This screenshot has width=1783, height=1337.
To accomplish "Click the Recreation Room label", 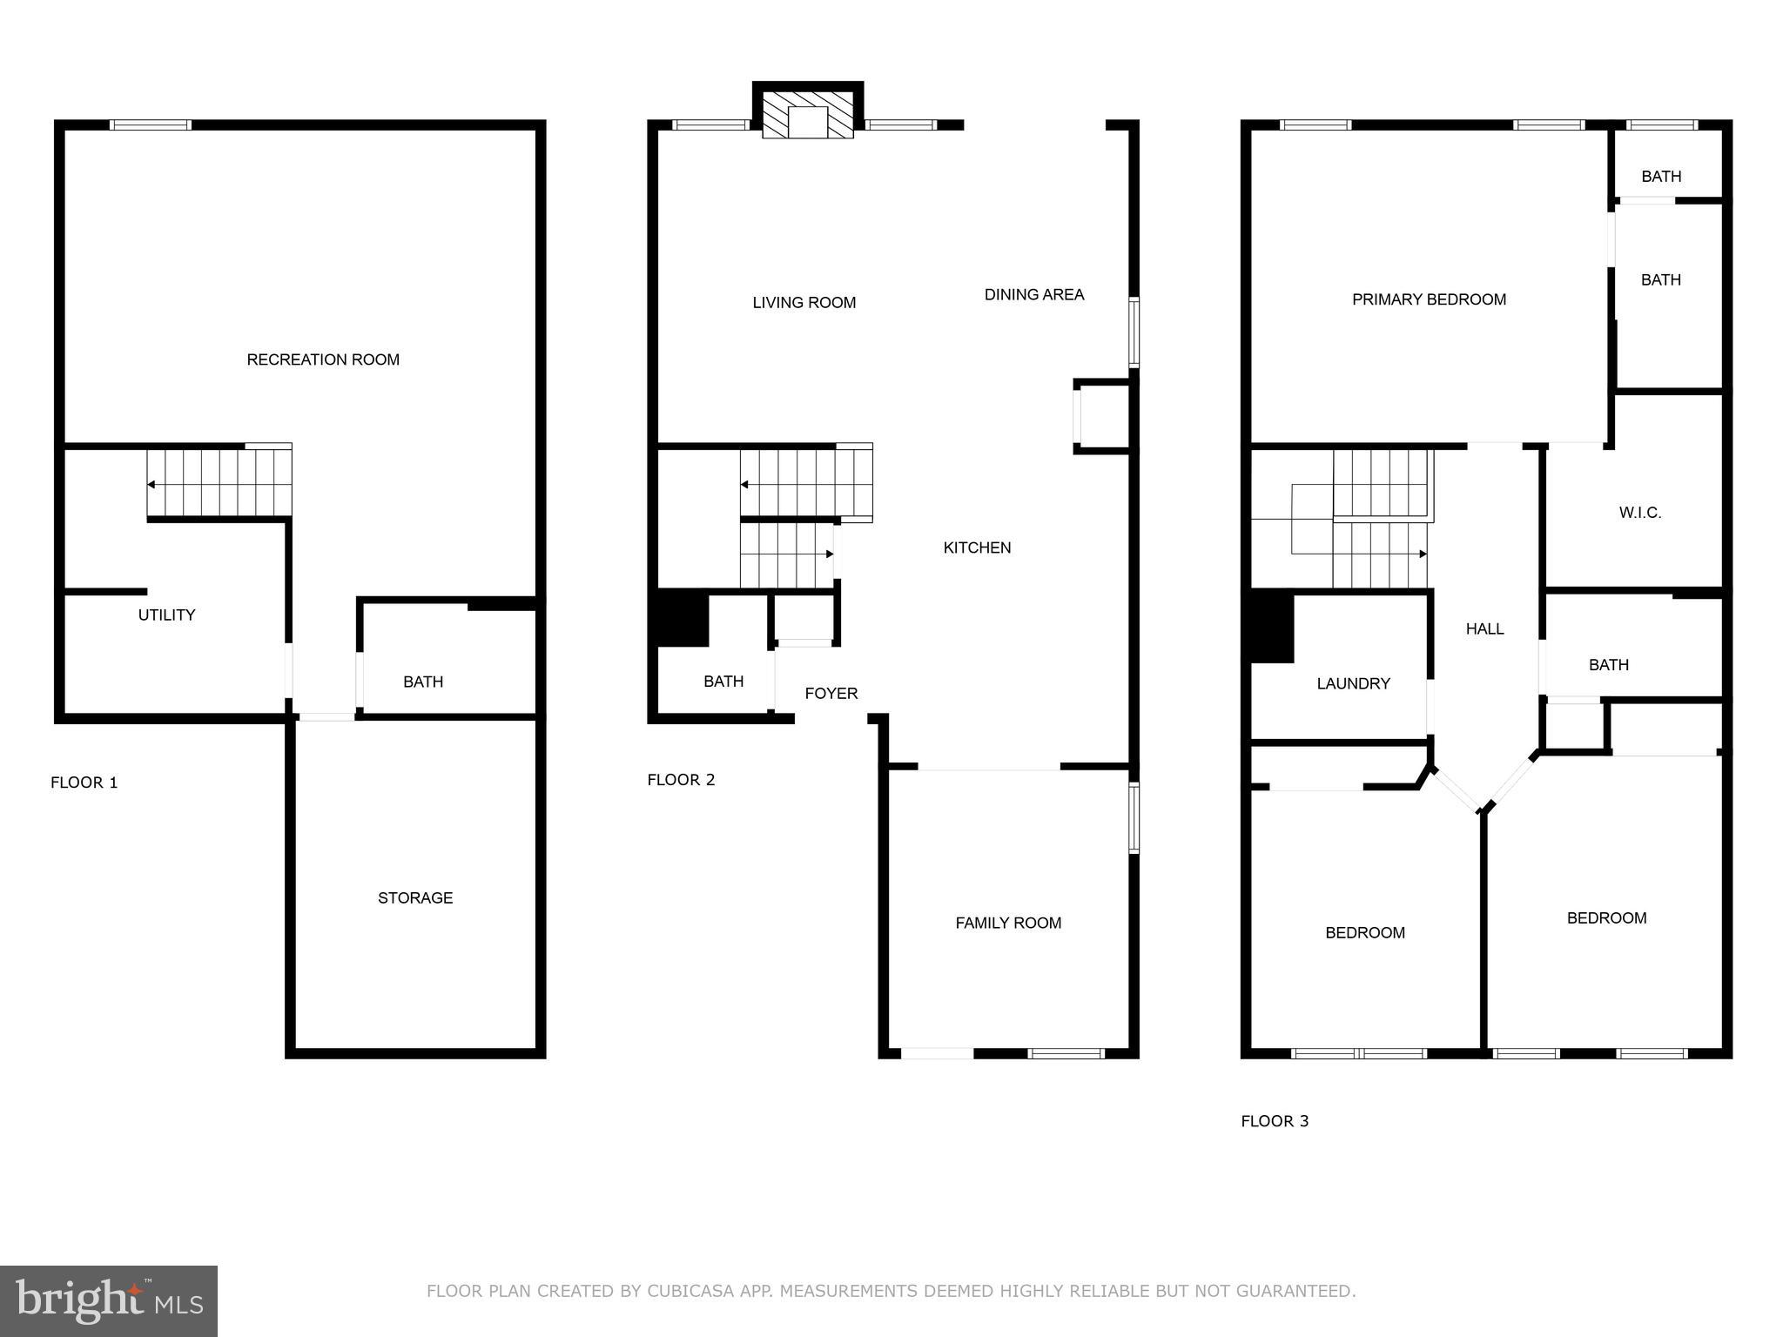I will tap(323, 359).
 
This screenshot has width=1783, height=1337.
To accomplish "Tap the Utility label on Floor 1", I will tap(166, 615).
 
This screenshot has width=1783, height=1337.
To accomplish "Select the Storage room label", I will tap(415, 897).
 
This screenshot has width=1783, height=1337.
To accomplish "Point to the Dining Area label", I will tap(1033, 294).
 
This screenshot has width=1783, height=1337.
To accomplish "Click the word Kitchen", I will tap(977, 548).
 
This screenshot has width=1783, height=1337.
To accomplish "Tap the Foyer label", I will tap(831, 693).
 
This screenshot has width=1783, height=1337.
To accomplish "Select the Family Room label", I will tap(1008, 923).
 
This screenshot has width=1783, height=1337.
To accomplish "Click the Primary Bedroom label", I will tap(1429, 299).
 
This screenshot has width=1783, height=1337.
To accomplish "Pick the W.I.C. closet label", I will tap(1640, 513).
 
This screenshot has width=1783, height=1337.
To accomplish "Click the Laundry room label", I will tap(1353, 683).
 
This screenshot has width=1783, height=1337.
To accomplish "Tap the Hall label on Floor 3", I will tap(1484, 628).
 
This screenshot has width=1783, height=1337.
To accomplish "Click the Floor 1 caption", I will tap(84, 783).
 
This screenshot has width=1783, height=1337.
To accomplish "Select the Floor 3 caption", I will tap(1275, 1121).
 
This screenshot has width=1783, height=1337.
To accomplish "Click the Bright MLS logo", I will tap(109, 1300).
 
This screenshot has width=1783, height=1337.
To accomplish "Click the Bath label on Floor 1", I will tap(423, 682).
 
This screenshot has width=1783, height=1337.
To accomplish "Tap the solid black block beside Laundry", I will tap(1272, 626).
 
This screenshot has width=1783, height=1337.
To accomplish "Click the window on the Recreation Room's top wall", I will tap(151, 125).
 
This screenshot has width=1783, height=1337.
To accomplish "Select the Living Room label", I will tap(804, 302).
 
